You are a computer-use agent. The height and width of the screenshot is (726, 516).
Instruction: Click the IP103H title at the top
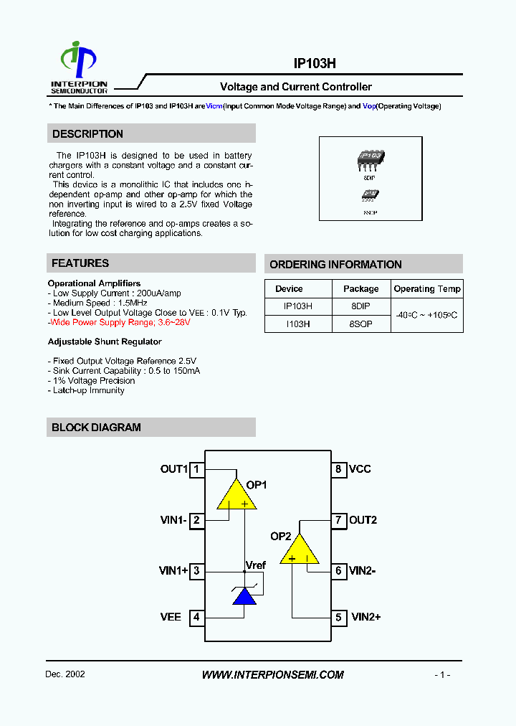315,63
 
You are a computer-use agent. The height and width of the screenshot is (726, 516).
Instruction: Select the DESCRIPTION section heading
87,134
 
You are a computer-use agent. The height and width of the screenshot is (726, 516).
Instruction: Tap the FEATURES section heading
80,263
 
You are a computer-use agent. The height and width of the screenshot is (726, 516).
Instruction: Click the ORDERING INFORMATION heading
335,265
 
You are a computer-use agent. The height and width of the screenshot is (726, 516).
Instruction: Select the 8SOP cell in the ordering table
360,324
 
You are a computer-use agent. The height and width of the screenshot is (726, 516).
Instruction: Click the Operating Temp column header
427,289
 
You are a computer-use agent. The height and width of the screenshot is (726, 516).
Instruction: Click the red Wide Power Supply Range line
119,323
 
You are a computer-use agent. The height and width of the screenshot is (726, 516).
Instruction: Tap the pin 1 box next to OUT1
196,470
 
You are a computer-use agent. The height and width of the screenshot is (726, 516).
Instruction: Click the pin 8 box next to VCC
338,470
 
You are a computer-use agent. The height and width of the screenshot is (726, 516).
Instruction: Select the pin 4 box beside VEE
196,617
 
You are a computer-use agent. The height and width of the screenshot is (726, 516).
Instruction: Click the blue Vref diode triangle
245,596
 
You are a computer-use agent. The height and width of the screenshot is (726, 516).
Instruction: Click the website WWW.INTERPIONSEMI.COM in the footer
272,675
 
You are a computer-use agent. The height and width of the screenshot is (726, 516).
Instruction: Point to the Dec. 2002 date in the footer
65,675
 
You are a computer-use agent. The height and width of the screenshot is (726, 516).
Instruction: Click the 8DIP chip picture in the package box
371,158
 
